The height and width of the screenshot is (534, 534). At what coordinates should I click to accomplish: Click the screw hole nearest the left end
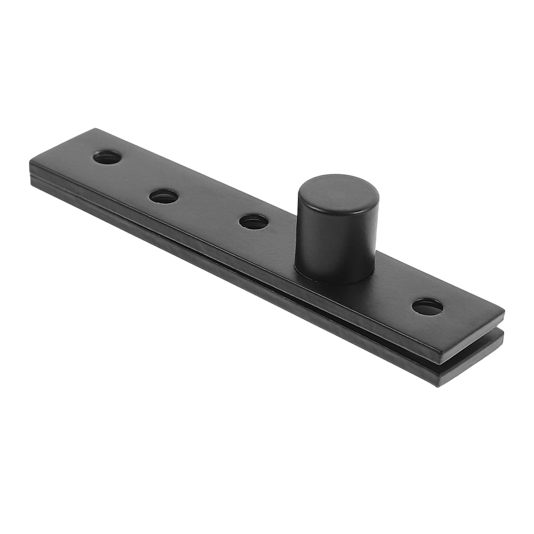pyautogui.click(x=107, y=157)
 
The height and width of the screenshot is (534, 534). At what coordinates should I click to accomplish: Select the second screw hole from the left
pyautogui.click(x=164, y=197)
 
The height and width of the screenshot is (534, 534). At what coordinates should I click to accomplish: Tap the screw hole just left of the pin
pyautogui.click(x=254, y=222)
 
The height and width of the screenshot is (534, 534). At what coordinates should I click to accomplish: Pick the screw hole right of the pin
pyautogui.click(x=427, y=306)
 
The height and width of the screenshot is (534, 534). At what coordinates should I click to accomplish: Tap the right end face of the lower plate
pyautogui.click(x=472, y=362)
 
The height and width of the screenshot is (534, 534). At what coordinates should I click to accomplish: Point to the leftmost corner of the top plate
pyautogui.click(x=31, y=160)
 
